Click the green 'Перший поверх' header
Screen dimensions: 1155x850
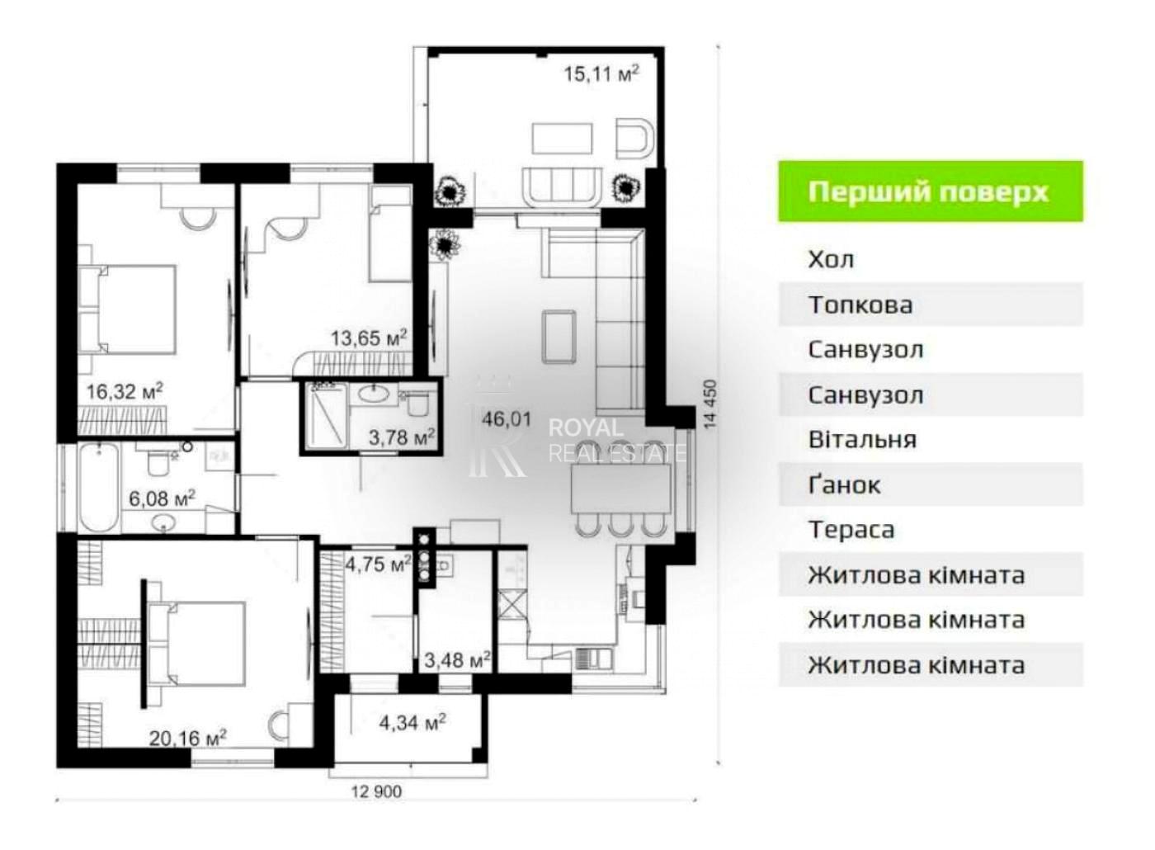(x=931, y=191)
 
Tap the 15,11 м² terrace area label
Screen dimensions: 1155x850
(x=601, y=73)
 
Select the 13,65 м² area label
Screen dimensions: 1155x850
(x=369, y=338)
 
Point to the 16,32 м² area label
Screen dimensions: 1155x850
(x=125, y=391)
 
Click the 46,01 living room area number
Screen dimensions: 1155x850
(x=507, y=419)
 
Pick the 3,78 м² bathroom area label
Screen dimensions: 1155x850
(x=403, y=437)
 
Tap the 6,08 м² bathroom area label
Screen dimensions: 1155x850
(x=162, y=498)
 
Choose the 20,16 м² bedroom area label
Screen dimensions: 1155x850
(x=188, y=738)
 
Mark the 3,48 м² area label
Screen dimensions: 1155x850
(x=457, y=659)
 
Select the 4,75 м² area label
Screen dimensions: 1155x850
(x=379, y=564)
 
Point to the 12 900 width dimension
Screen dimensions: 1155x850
(x=376, y=791)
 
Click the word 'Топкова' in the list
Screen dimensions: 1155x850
(x=860, y=305)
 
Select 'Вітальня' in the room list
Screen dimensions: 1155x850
(x=862, y=440)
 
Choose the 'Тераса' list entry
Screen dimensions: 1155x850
(x=851, y=530)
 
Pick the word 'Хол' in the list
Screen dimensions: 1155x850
(x=831, y=259)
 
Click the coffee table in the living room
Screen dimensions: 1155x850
(x=559, y=336)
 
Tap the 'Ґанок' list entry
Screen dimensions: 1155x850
(x=844, y=484)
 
